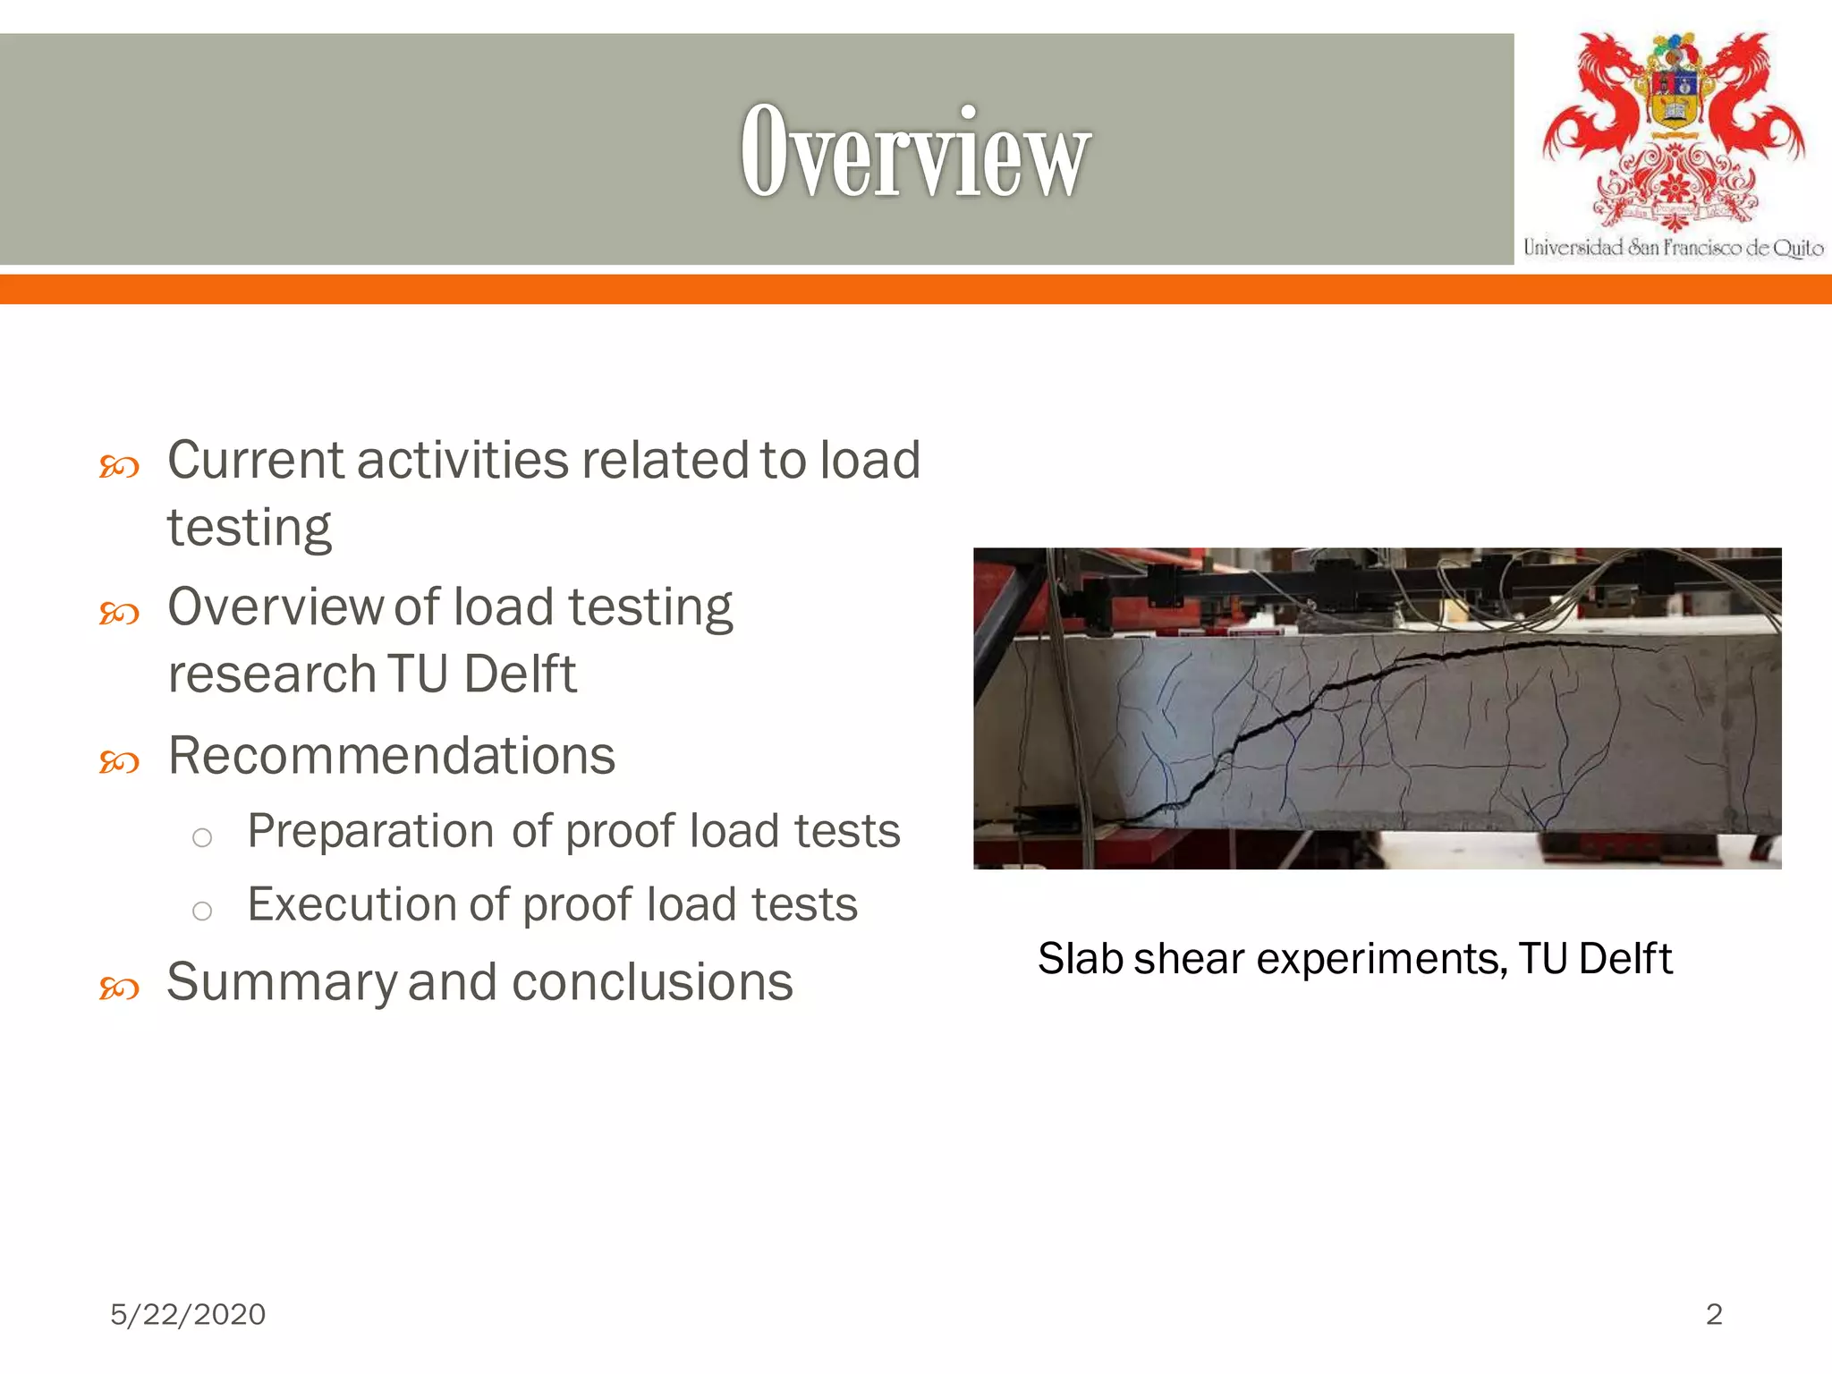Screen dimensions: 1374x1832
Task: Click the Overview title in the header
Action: pos(914,150)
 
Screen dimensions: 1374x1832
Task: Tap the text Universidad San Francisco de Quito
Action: pos(1673,248)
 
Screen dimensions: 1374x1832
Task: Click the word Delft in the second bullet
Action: pos(520,674)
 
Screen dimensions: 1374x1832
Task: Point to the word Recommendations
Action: pos(391,756)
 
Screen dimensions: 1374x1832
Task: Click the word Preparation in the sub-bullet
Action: pos(372,831)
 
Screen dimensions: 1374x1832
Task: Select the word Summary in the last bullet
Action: pos(282,982)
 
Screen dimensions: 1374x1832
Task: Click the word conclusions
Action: pos(652,982)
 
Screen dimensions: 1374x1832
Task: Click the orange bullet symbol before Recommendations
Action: pos(119,762)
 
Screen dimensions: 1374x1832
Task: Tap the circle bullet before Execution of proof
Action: pos(202,911)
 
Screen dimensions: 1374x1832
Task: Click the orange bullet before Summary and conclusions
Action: pos(119,988)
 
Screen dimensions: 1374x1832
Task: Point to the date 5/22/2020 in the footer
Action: pos(188,1314)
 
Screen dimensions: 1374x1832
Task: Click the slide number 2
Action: pos(1714,1314)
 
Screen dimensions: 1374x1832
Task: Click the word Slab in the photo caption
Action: pos(1080,959)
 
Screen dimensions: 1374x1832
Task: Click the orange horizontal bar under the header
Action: pos(916,289)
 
